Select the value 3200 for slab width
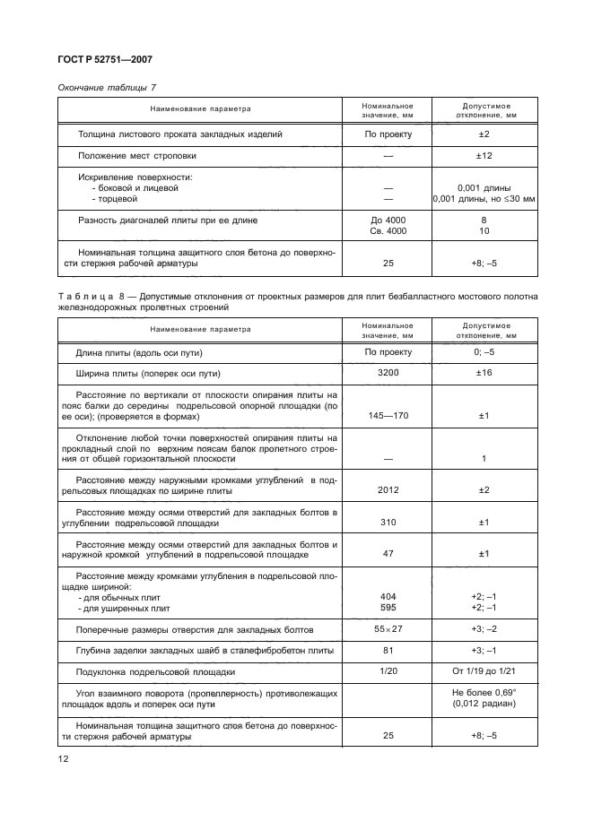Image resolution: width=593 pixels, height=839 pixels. tap(388, 373)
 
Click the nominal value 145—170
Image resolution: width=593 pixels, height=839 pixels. tap(388, 415)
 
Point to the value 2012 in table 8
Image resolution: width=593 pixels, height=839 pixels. tap(388, 489)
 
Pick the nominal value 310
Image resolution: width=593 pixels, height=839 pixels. tap(388, 522)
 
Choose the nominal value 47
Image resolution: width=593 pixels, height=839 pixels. tap(388, 553)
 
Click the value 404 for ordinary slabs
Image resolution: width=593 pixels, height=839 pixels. tap(388, 597)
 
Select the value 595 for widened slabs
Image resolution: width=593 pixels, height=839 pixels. tap(388, 608)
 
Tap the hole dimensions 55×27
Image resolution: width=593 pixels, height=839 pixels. tap(388, 628)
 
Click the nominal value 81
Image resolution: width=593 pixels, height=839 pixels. tap(388, 650)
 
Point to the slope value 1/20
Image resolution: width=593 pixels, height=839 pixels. tap(388, 670)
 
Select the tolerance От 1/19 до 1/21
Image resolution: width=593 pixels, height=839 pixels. tap(484, 670)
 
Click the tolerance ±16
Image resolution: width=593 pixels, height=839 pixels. tap(484, 373)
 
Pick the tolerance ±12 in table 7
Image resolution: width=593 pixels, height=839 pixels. tap(484, 156)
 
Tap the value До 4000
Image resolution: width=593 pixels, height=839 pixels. tap(388, 219)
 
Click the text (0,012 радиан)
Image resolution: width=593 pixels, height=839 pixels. tap(484, 704)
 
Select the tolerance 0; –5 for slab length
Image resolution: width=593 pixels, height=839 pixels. tap(484, 352)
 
